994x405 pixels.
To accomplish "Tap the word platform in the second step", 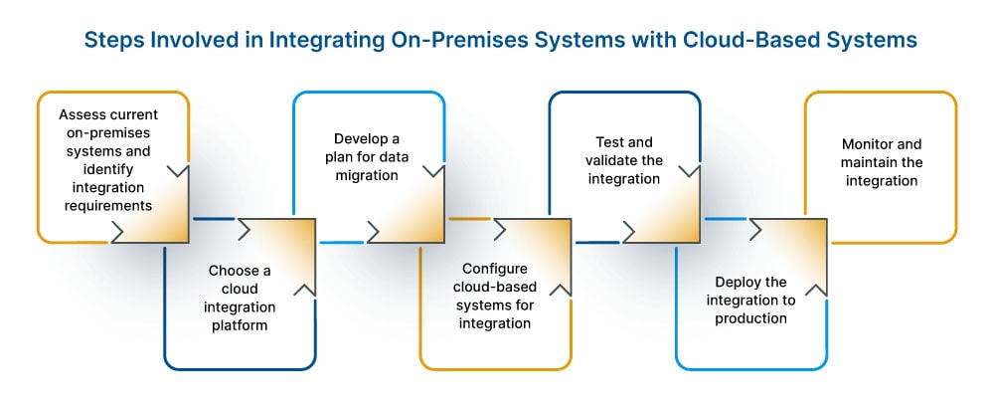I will click(239, 324).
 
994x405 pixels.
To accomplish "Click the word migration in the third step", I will click(367, 175).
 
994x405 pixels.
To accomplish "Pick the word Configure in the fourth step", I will click(495, 270).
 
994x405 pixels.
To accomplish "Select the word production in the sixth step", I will click(752, 318).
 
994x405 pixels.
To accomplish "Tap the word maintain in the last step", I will click(869, 162).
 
